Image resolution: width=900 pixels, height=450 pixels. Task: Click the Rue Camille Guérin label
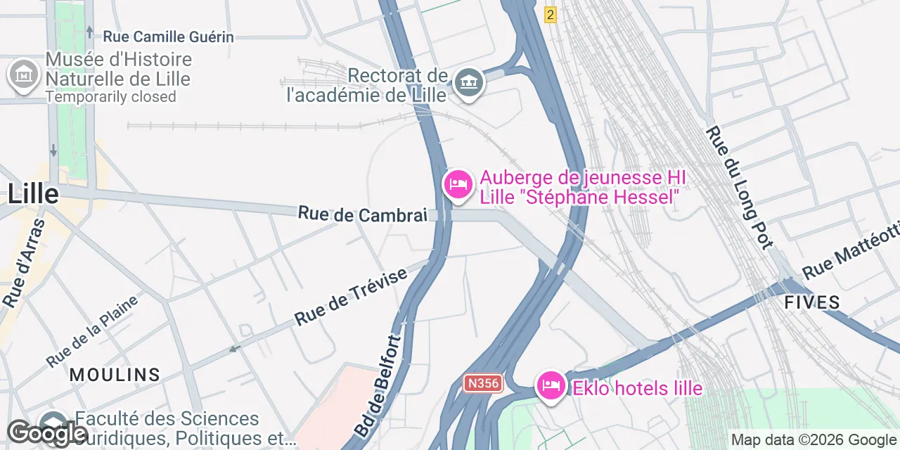click(168, 37)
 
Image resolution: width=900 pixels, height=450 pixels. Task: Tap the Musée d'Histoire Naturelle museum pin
click(24, 73)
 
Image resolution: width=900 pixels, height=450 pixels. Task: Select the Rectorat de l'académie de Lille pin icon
click(468, 83)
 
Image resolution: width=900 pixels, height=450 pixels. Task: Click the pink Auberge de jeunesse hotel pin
click(458, 185)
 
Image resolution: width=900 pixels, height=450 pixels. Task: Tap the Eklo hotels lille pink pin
click(551, 386)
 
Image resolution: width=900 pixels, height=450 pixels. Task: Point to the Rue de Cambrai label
click(362, 214)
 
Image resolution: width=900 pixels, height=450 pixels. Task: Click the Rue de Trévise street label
click(351, 297)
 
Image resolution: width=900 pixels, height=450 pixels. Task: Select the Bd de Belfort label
click(378, 385)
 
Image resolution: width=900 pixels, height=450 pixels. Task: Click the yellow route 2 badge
click(550, 14)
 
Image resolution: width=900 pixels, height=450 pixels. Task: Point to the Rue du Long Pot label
click(739, 186)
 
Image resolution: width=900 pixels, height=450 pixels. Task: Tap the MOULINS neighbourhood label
click(115, 375)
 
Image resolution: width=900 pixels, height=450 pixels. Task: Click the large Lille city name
click(33, 192)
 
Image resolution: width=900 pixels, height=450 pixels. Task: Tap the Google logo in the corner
click(47, 433)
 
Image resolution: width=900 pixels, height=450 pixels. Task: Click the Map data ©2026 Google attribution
click(812, 440)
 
